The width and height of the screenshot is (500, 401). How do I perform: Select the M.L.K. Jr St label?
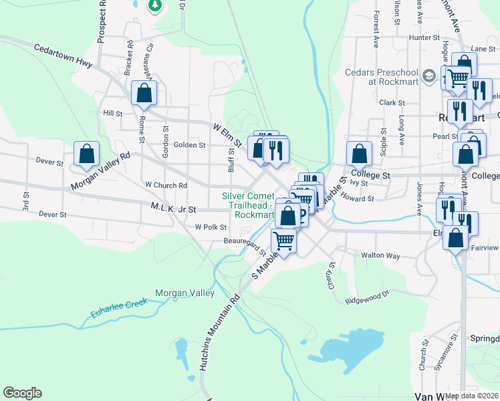(173, 209)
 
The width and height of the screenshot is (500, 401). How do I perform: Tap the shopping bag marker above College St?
(359, 154)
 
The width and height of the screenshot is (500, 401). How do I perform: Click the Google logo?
(22, 393)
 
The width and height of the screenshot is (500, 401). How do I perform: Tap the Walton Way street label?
(380, 255)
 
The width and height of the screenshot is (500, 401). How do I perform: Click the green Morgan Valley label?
(184, 293)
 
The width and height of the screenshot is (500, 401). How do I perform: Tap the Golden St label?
(189, 144)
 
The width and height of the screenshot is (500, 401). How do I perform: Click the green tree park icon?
(155, 5)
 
